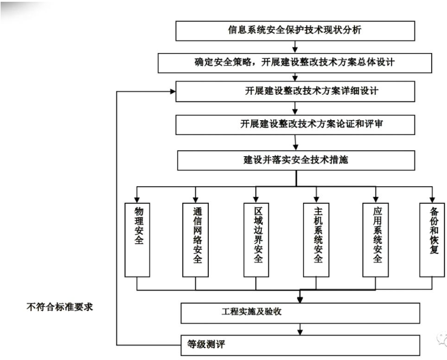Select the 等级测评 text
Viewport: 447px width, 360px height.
click(x=206, y=344)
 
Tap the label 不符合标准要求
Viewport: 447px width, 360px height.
click(x=60, y=307)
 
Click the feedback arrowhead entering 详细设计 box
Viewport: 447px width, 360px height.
click(x=173, y=91)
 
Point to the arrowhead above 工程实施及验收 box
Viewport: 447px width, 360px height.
click(x=300, y=300)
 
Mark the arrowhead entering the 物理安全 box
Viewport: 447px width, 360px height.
click(x=137, y=200)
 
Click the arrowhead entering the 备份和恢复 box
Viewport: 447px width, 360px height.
click(x=432, y=200)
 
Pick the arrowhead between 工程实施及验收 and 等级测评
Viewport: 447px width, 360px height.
click(x=300, y=332)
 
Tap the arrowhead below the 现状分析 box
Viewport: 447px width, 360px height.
click(x=295, y=50)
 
